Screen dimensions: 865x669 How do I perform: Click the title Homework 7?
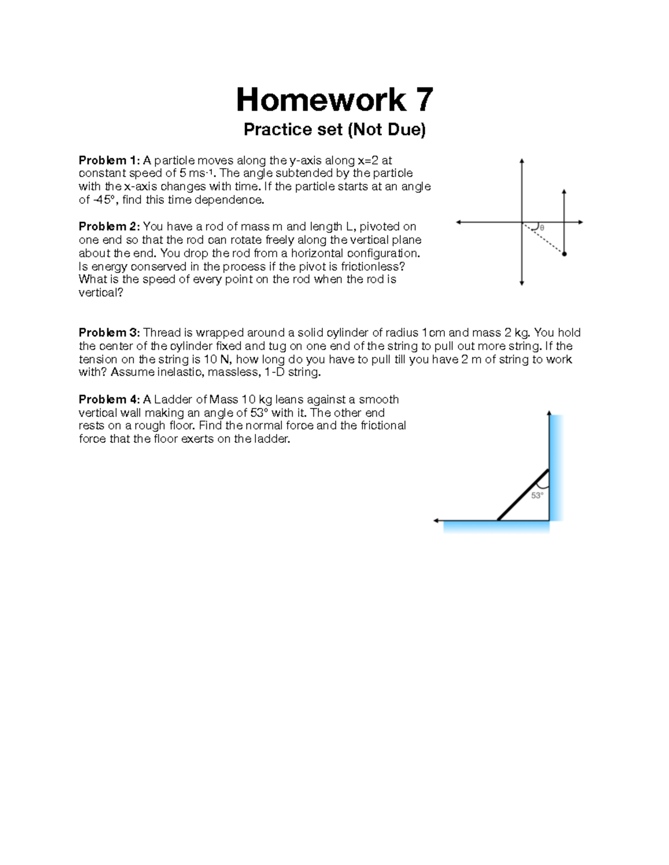pyautogui.click(x=334, y=100)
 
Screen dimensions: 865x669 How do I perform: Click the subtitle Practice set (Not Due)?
pyautogui.click(x=334, y=130)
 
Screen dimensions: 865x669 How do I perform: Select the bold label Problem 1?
pyautogui.click(x=110, y=161)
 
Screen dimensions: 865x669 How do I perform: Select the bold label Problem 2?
pyautogui.click(x=110, y=227)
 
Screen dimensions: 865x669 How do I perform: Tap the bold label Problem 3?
pyautogui.click(x=110, y=333)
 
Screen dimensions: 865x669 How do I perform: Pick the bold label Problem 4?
pyautogui.click(x=110, y=399)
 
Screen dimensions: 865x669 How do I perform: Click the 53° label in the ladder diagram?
pyautogui.click(x=537, y=495)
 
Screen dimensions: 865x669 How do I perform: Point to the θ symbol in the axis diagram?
pyautogui.click(x=541, y=228)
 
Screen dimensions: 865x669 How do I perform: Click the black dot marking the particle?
pyautogui.click(x=564, y=254)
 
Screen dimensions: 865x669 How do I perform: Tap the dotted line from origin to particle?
pyautogui.click(x=544, y=238)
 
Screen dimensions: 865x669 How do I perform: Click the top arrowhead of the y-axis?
pyautogui.click(x=522, y=161)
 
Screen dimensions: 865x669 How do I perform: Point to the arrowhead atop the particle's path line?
pyautogui.click(x=564, y=192)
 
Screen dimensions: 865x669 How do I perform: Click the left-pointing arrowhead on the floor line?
pyautogui.click(x=437, y=521)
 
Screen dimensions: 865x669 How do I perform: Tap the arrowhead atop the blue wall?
pyautogui.click(x=549, y=413)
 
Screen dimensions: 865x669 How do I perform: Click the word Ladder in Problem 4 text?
pyautogui.click(x=172, y=399)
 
